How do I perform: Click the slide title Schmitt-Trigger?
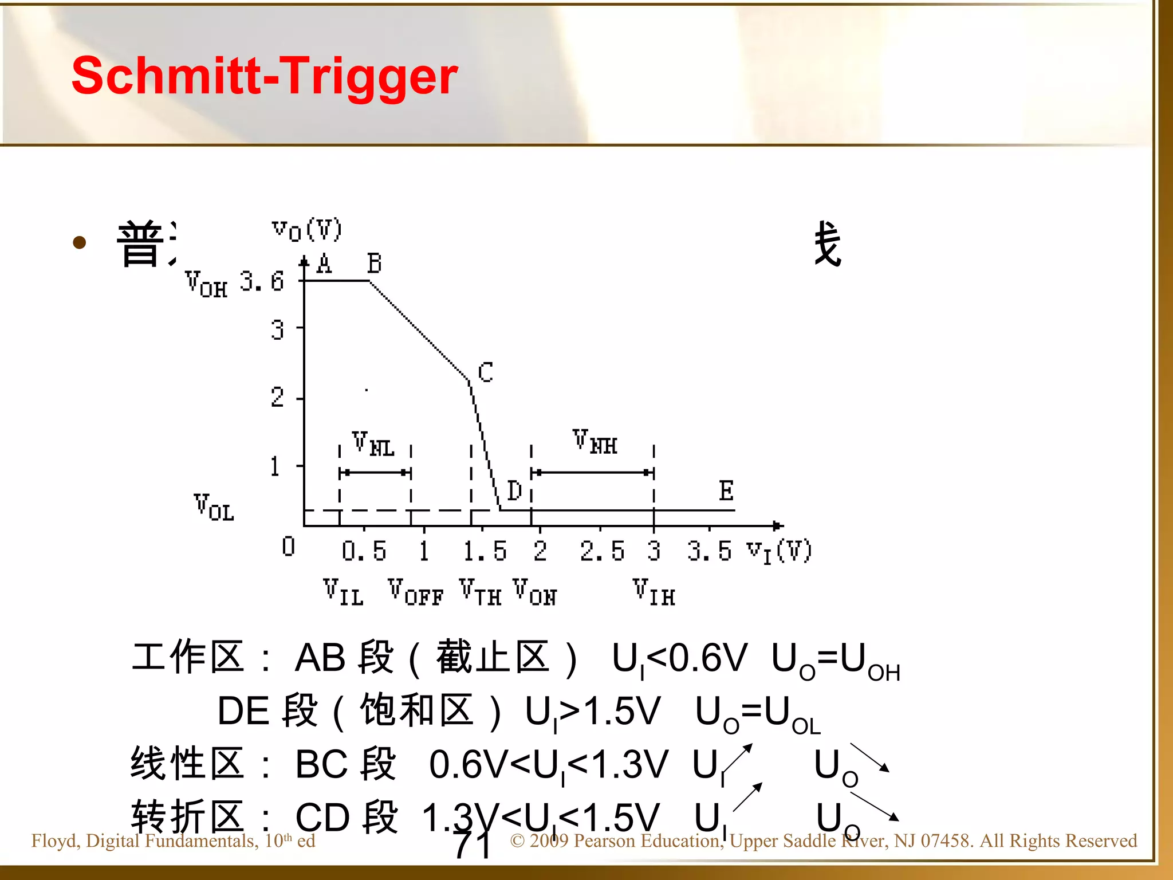[265, 76]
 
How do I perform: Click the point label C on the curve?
[485, 372]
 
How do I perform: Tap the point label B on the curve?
[375, 264]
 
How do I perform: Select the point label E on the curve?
[726, 491]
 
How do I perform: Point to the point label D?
[514, 491]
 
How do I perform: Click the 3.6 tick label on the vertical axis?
[262, 281]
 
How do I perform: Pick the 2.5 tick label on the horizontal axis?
[601, 551]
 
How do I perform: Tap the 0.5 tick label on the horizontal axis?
[364, 551]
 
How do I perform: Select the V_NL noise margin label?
[373, 445]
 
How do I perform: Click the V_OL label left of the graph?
[214, 508]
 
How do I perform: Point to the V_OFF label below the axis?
[415, 592]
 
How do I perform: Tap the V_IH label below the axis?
[654, 592]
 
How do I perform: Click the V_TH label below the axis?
[480, 592]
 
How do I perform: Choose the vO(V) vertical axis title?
[307, 230]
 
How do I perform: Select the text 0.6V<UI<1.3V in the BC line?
[548, 765]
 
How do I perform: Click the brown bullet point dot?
[80, 242]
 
